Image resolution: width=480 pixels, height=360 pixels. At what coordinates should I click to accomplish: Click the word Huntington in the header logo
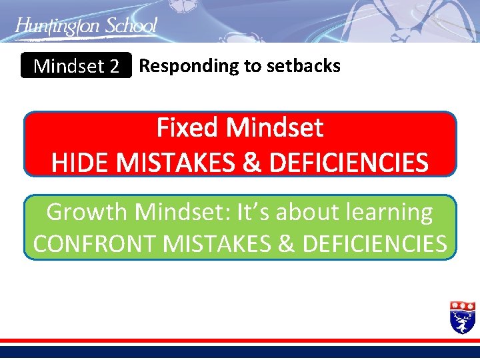tap(56, 27)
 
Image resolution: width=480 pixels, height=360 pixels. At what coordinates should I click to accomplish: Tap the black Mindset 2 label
tap(76, 66)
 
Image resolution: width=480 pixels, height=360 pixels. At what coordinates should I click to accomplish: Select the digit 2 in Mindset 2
tap(114, 67)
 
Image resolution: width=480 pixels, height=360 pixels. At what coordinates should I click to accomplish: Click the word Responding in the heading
tap(179, 66)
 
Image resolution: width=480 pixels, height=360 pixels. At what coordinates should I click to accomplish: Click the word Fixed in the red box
tap(188, 127)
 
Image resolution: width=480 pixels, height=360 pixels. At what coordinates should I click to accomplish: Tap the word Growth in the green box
tap(87, 212)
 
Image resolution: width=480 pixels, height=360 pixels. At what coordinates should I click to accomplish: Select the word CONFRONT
tap(95, 244)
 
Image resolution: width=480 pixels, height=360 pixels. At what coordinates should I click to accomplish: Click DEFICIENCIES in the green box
tap(375, 244)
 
